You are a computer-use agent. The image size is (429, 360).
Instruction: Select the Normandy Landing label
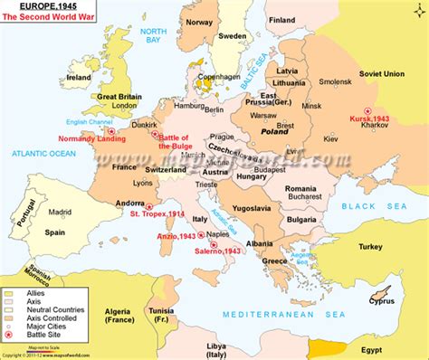(90, 139)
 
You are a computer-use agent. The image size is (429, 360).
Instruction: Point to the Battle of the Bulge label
(177, 140)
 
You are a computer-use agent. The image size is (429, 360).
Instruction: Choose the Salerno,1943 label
(216, 251)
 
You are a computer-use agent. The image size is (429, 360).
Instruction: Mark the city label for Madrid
(61, 213)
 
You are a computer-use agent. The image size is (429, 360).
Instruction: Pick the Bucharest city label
(300, 196)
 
